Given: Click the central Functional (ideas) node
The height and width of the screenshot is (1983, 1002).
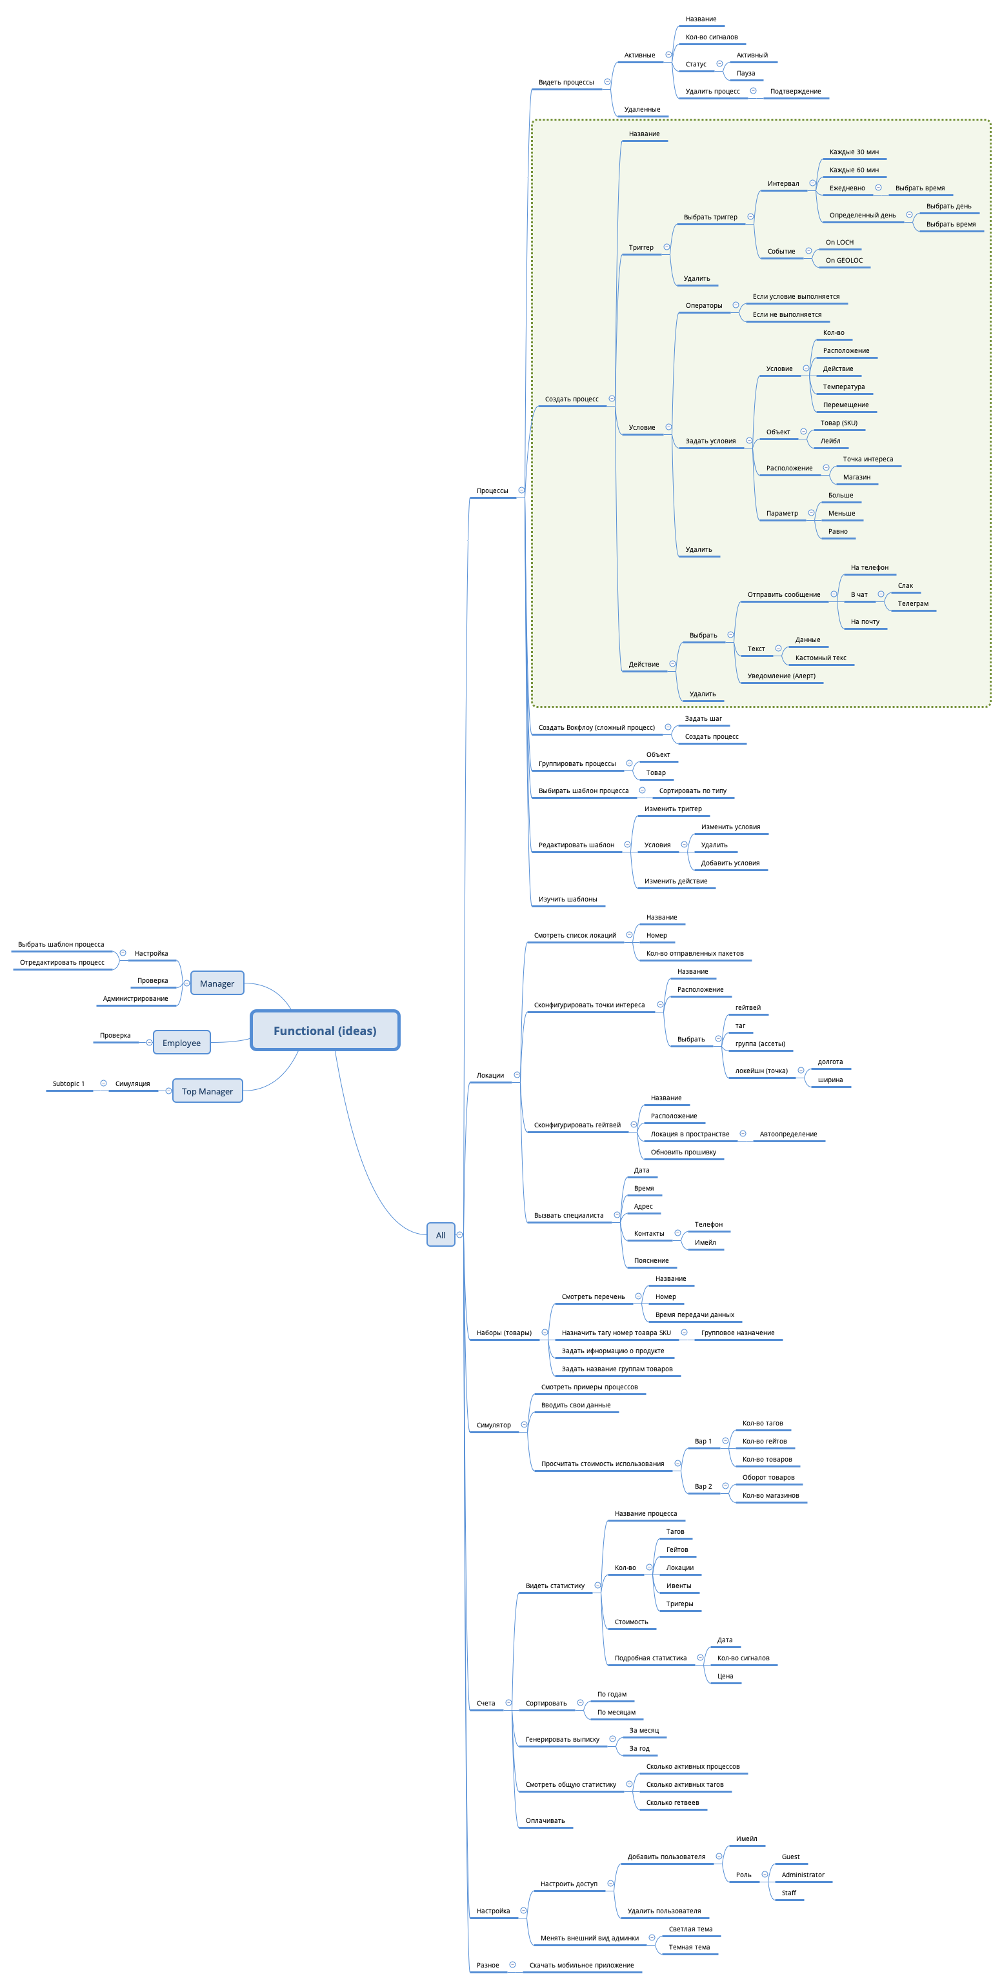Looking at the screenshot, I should coord(325,1030).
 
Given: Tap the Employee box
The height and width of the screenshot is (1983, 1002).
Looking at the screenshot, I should coord(181,1042).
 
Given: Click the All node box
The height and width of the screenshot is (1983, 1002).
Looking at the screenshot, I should coord(440,1234).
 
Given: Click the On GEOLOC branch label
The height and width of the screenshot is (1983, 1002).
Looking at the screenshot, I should coord(843,260).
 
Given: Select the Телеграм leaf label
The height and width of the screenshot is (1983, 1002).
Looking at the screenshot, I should coord(913,603).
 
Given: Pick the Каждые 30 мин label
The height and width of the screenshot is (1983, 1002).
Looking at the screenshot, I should coord(854,152).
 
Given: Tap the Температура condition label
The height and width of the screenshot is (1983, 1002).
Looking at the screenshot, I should coord(843,387).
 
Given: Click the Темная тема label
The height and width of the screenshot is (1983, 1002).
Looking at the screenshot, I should coord(689,1947).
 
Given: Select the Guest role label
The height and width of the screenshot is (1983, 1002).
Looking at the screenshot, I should coord(790,1857).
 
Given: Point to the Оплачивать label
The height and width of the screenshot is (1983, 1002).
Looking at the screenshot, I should coord(545,1820).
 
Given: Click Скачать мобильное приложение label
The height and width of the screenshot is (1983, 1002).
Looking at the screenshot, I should coord(581,1966).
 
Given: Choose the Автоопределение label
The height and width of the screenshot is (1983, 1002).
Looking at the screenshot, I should coord(788,1134).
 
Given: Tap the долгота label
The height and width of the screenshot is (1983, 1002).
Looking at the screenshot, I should coord(830,1062).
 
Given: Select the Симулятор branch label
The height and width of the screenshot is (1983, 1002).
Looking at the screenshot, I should coord(494,1425).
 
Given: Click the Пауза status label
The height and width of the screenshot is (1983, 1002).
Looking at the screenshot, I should coord(745,73).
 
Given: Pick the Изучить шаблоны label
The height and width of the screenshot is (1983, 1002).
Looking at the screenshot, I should coord(567,899).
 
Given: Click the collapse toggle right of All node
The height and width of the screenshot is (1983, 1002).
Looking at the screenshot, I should coord(459,1234).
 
